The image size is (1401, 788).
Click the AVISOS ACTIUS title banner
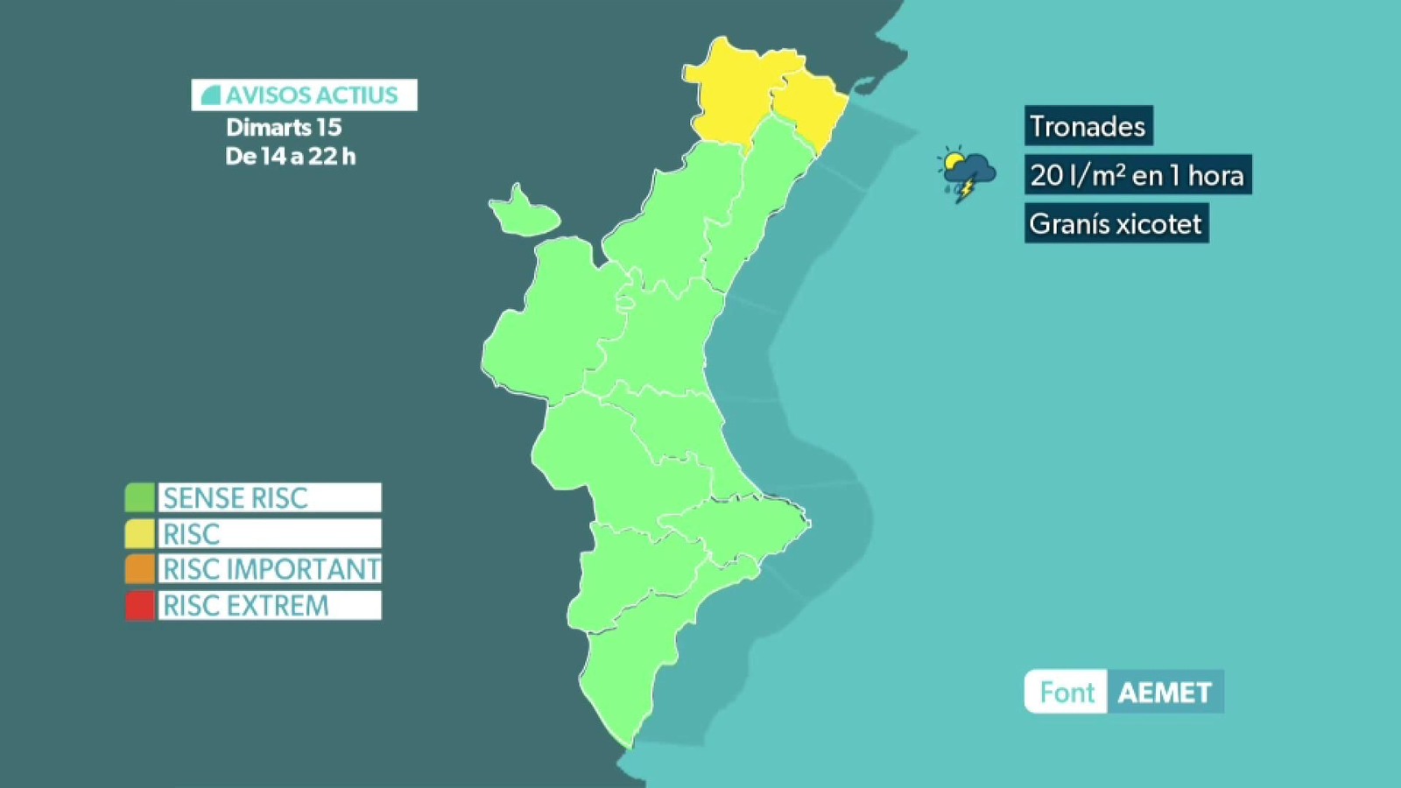click(305, 95)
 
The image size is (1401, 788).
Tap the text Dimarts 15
click(284, 127)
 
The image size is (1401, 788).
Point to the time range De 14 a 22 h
click(290, 157)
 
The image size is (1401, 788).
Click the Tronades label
click(1088, 126)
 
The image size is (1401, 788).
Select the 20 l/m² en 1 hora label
click(1137, 175)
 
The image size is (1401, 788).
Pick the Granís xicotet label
click(1116, 223)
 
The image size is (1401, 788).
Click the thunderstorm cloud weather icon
click(967, 172)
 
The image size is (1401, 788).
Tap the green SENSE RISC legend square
click(139, 497)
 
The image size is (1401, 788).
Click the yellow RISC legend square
click(139, 533)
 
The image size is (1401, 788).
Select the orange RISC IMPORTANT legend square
click(139, 569)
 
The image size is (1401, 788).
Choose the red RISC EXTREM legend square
click(139, 605)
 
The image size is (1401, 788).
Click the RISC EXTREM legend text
click(246, 605)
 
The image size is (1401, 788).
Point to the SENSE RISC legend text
click(236, 497)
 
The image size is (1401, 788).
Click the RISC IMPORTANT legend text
click(271, 569)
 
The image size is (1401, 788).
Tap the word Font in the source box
click(1067, 693)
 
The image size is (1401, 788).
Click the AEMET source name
click(1165, 693)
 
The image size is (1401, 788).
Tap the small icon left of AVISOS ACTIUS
click(210, 95)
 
